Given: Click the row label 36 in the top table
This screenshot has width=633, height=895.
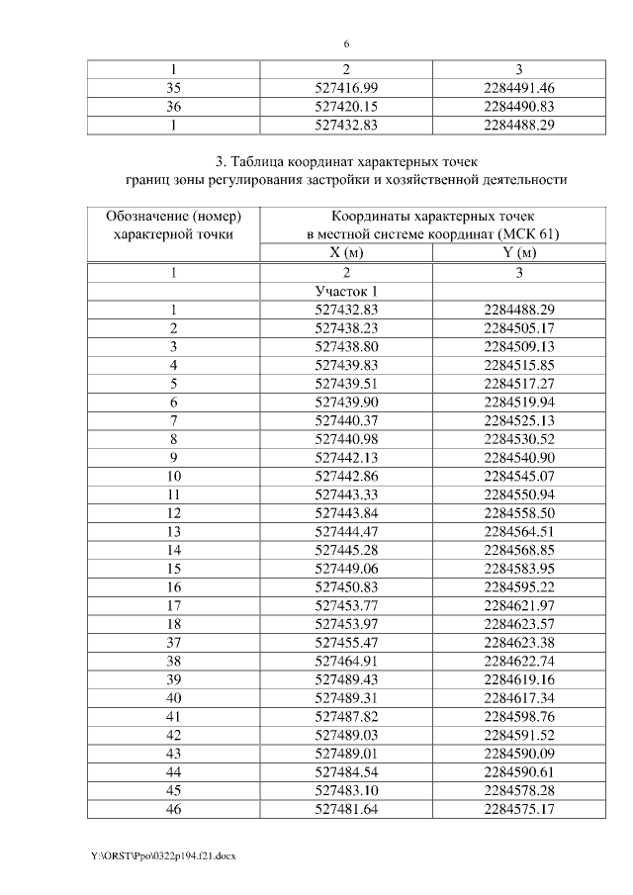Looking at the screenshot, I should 173,106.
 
